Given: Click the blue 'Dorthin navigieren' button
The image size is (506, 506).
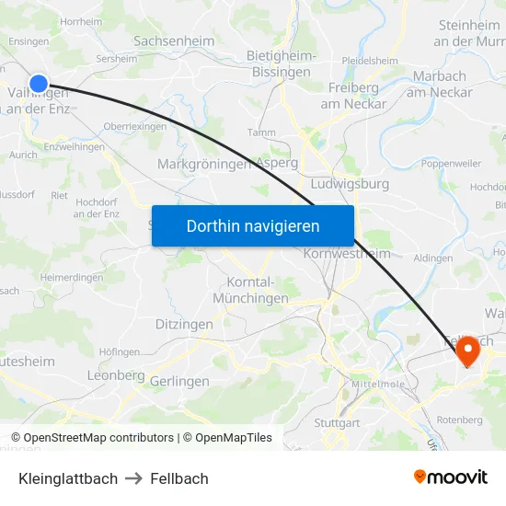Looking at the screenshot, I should click(x=253, y=225).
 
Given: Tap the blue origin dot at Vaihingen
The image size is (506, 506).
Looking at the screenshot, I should click(x=39, y=84).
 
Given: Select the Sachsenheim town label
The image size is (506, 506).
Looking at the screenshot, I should click(x=175, y=41).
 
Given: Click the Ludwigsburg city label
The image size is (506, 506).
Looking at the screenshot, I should click(x=351, y=184).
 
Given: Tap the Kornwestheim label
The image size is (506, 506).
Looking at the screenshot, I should click(x=347, y=254).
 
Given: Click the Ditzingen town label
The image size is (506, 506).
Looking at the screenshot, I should click(x=184, y=325).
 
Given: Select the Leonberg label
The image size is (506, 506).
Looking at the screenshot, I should click(x=116, y=375).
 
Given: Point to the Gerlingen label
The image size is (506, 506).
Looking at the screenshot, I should click(x=179, y=381).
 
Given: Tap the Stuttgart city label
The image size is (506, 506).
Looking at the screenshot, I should click(x=337, y=423).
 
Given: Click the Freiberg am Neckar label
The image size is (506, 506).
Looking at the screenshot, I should click(x=354, y=96).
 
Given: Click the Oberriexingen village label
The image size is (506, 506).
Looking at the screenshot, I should click(x=134, y=127).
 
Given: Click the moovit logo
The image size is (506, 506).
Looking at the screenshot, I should click(x=451, y=477).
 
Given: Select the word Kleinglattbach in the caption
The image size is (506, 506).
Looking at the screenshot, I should click(x=68, y=478).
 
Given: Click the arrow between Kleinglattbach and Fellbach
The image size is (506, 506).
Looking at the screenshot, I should click(x=134, y=478).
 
